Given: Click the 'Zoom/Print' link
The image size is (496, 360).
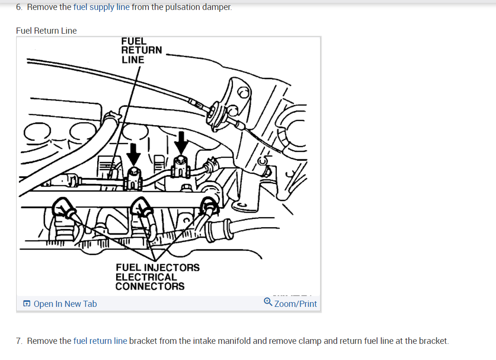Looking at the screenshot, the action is pyautogui.click(x=295, y=304).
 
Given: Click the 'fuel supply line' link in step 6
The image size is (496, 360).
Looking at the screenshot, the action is pyautogui.click(x=101, y=8).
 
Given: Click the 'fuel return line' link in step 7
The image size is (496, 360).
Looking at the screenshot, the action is pyautogui.click(x=101, y=341).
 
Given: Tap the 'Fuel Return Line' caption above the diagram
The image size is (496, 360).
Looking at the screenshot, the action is pyautogui.click(x=46, y=31).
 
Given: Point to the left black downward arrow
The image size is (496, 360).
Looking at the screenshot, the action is pyautogui.click(x=134, y=153).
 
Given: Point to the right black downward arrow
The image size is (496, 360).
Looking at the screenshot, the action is pyautogui.click(x=181, y=141).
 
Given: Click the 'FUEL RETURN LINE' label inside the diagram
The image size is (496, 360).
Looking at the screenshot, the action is pyautogui.click(x=141, y=50).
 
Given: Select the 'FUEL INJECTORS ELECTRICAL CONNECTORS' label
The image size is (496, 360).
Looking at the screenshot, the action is pyautogui.click(x=157, y=277).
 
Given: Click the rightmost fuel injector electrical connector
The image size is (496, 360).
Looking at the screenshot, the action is pyautogui.click(x=209, y=204).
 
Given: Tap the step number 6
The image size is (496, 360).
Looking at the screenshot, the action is pyautogui.click(x=18, y=8).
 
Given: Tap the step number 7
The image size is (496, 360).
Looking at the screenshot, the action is pyautogui.click(x=18, y=341).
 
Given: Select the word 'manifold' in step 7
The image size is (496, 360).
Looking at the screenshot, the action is pyautogui.click(x=240, y=341).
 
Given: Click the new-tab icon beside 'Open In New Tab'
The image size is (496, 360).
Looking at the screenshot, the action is pyautogui.click(x=27, y=304).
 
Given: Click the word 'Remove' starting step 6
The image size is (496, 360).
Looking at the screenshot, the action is pyautogui.click(x=42, y=8).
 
